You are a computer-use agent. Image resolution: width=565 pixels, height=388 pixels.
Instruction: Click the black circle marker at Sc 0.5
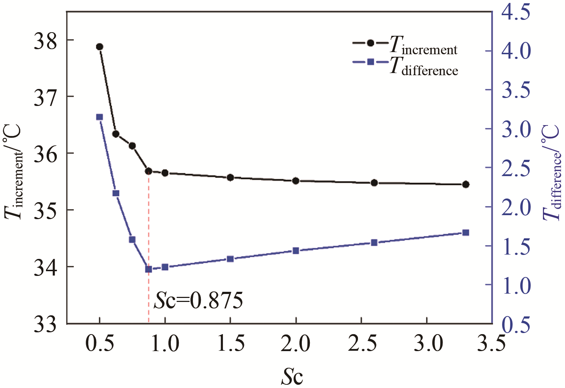point(100,47)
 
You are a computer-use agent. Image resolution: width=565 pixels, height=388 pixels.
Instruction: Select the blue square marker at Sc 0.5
point(100,117)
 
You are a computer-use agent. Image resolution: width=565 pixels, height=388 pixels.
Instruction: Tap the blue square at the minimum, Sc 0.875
point(148,269)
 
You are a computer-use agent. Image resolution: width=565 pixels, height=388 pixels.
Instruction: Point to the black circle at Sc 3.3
point(466,184)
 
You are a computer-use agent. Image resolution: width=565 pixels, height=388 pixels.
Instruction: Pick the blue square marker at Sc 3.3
point(466,233)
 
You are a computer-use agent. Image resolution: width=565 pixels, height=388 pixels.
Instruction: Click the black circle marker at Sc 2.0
point(296,181)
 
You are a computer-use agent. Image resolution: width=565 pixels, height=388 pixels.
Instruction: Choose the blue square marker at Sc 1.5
point(230,259)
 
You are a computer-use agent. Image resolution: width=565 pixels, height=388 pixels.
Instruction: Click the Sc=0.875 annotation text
point(198,301)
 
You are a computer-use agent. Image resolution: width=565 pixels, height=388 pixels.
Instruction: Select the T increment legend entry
point(405,46)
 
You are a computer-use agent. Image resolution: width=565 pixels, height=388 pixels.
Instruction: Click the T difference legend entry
point(405,65)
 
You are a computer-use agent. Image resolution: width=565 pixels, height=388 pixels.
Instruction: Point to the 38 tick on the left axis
point(46,40)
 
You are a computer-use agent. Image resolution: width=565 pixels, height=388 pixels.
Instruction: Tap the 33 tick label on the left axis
point(46,324)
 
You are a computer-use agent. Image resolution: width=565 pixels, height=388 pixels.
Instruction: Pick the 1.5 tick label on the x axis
point(231,344)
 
